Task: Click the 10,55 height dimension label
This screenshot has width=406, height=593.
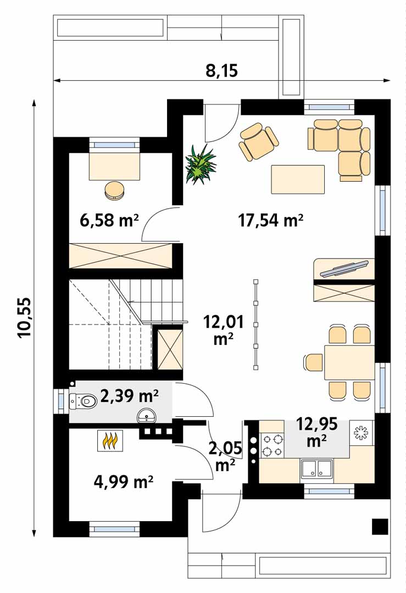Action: coord(24,317)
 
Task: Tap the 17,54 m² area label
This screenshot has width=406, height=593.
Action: coord(270,220)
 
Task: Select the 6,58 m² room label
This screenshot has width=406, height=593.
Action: coord(109,220)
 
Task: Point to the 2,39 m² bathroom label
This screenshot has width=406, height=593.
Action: coord(130,396)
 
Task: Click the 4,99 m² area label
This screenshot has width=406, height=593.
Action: coord(124,482)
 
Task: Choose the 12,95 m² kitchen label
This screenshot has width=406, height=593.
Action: coord(316,432)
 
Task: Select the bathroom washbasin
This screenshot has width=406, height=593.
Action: coord(146,415)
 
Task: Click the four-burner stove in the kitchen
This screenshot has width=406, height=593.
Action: coord(272,445)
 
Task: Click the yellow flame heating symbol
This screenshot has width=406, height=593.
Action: coord(110,440)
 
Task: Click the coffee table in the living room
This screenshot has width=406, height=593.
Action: coord(298,179)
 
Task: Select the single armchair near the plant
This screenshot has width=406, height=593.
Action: coord(259,142)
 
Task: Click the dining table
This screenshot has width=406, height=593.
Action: coord(349,362)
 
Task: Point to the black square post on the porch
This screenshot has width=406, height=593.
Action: coord(380,526)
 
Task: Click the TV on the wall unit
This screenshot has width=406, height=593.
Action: coord(344,268)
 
